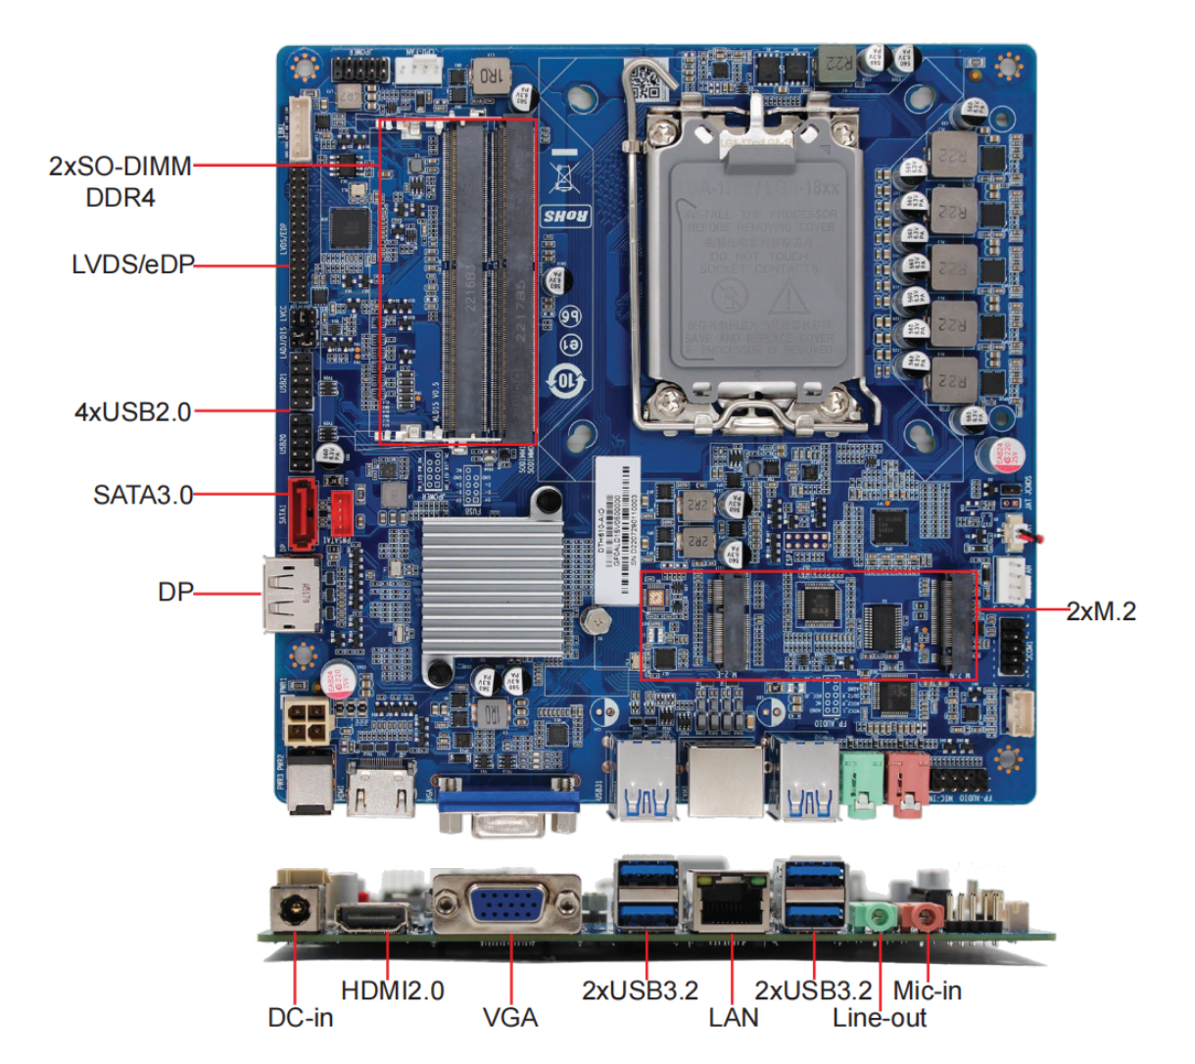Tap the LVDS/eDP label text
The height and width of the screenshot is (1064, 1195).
tap(132, 265)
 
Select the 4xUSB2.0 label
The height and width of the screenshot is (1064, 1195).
tap(133, 411)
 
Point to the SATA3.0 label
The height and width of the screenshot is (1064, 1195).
tap(143, 495)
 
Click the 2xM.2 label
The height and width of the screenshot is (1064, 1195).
tap(1101, 611)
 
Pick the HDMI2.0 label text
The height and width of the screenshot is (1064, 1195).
tap(392, 991)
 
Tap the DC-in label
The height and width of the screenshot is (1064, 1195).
tap(300, 1018)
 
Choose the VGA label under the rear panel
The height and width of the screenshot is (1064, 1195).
tap(510, 1018)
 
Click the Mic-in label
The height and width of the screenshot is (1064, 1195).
tap(927, 991)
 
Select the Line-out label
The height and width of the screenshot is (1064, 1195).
tap(879, 1018)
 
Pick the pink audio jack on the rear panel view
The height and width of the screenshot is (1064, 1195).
tap(922, 917)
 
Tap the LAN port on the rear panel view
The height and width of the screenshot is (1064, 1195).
tap(730, 902)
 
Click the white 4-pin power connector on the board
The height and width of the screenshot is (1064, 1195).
tap(307, 725)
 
